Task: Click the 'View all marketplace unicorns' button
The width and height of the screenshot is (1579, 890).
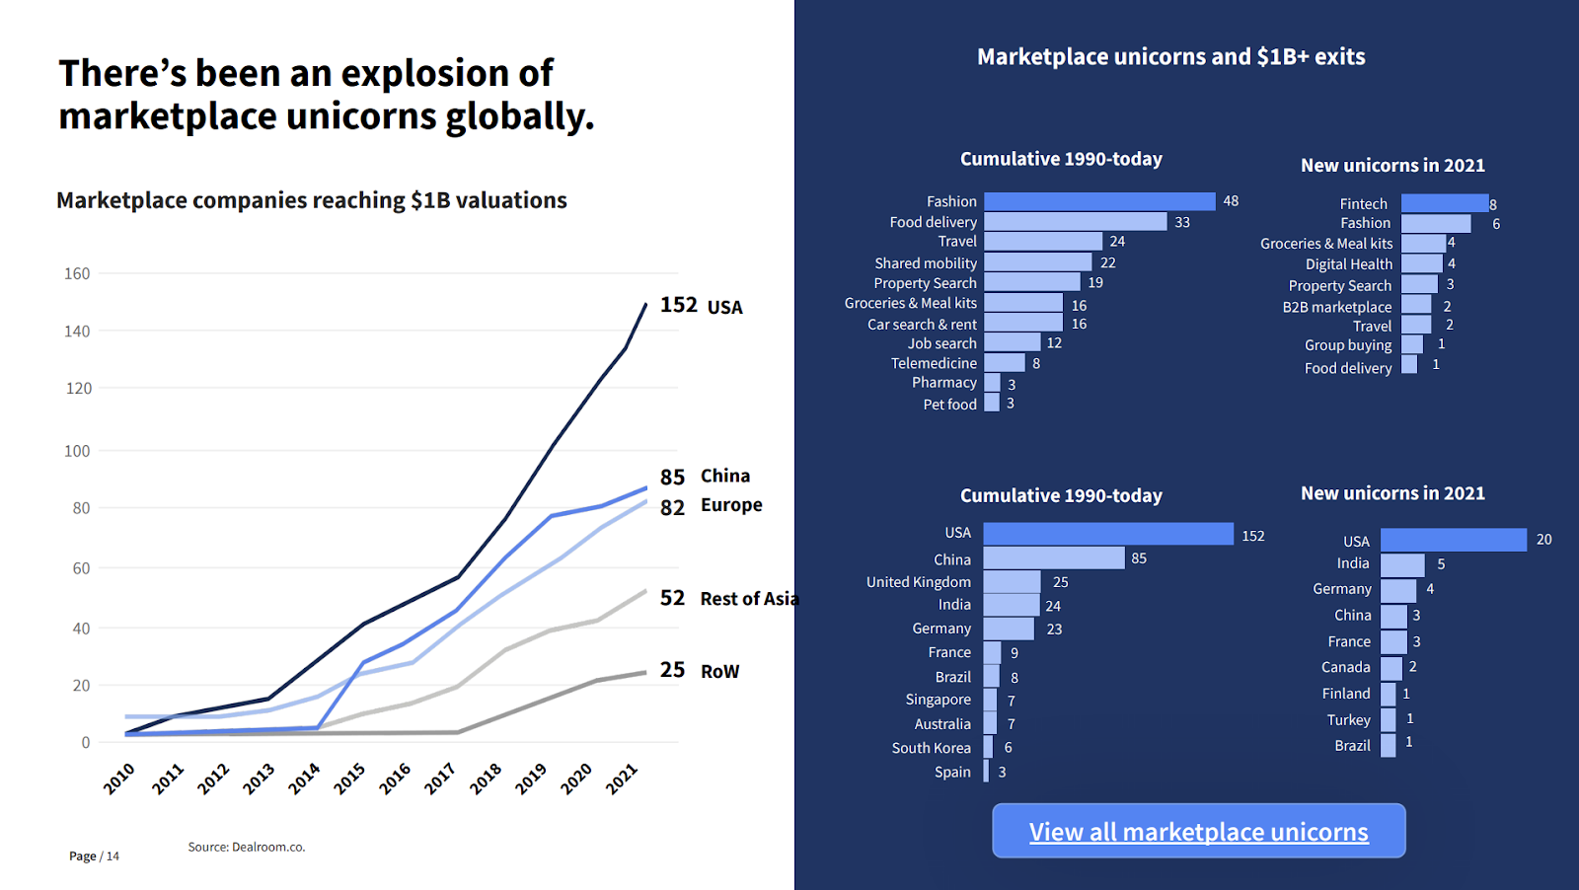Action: (1198, 831)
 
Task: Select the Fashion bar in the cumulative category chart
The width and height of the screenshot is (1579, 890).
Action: (1099, 201)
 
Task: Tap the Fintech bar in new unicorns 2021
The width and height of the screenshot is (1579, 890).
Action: (1445, 203)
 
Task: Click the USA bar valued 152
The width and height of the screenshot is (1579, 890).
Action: (1108, 534)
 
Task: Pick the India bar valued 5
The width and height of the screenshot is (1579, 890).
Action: (1402, 564)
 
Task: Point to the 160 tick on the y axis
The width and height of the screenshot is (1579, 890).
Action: (77, 273)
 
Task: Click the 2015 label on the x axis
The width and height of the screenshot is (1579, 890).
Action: (349, 779)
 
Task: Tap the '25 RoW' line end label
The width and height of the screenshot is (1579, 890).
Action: (700, 671)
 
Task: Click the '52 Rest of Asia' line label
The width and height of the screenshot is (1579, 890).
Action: (728, 599)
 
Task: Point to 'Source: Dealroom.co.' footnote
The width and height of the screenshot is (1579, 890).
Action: (247, 847)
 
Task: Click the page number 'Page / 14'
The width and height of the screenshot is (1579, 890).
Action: (94, 855)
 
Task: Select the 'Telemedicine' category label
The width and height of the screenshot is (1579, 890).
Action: (934, 363)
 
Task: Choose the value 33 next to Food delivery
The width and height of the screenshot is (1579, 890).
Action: (1182, 222)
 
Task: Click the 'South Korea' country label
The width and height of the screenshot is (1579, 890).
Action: (931, 748)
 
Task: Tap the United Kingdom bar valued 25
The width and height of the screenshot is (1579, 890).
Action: (1012, 582)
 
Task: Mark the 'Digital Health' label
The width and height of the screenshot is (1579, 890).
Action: (1348, 264)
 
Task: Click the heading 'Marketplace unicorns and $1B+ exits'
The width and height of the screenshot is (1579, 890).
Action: (1170, 57)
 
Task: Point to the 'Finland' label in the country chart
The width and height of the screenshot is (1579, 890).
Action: (1346, 694)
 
